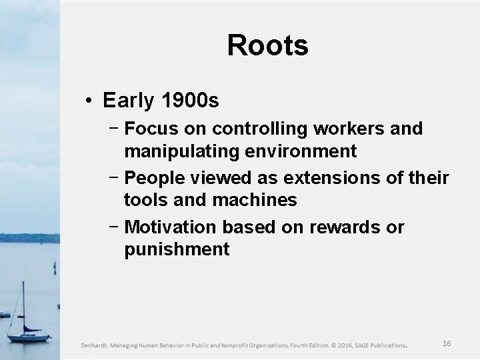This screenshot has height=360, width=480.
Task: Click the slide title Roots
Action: pyautogui.click(x=267, y=45)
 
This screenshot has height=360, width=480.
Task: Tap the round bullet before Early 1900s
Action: pyautogui.click(x=89, y=101)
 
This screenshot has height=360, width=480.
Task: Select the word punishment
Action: pyautogui.click(x=177, y=249)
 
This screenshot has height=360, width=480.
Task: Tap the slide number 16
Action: pyautogui.click(x=447, y=343)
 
